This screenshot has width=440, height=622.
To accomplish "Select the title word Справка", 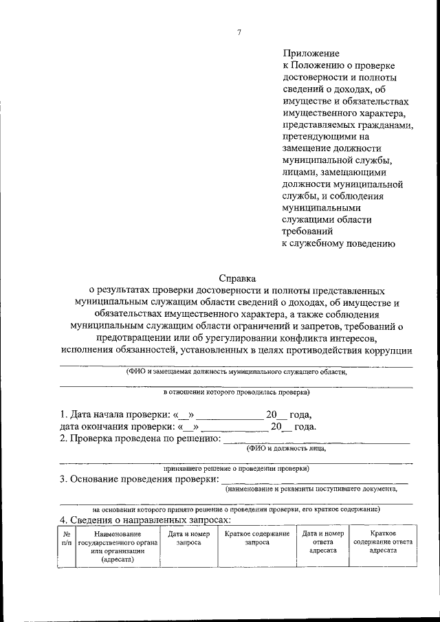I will [x=236, y=278].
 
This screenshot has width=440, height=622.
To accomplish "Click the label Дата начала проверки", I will [x=115, y=414].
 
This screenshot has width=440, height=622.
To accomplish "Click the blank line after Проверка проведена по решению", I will [x=316, y=438].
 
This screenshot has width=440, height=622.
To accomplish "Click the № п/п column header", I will [x=66, y=538].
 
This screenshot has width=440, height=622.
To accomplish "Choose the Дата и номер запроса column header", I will [x=188, y=538].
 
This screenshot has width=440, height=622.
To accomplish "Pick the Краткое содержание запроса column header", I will [x=257, y=538].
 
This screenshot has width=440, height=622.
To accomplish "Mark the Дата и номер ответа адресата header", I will [x=322, y=542].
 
